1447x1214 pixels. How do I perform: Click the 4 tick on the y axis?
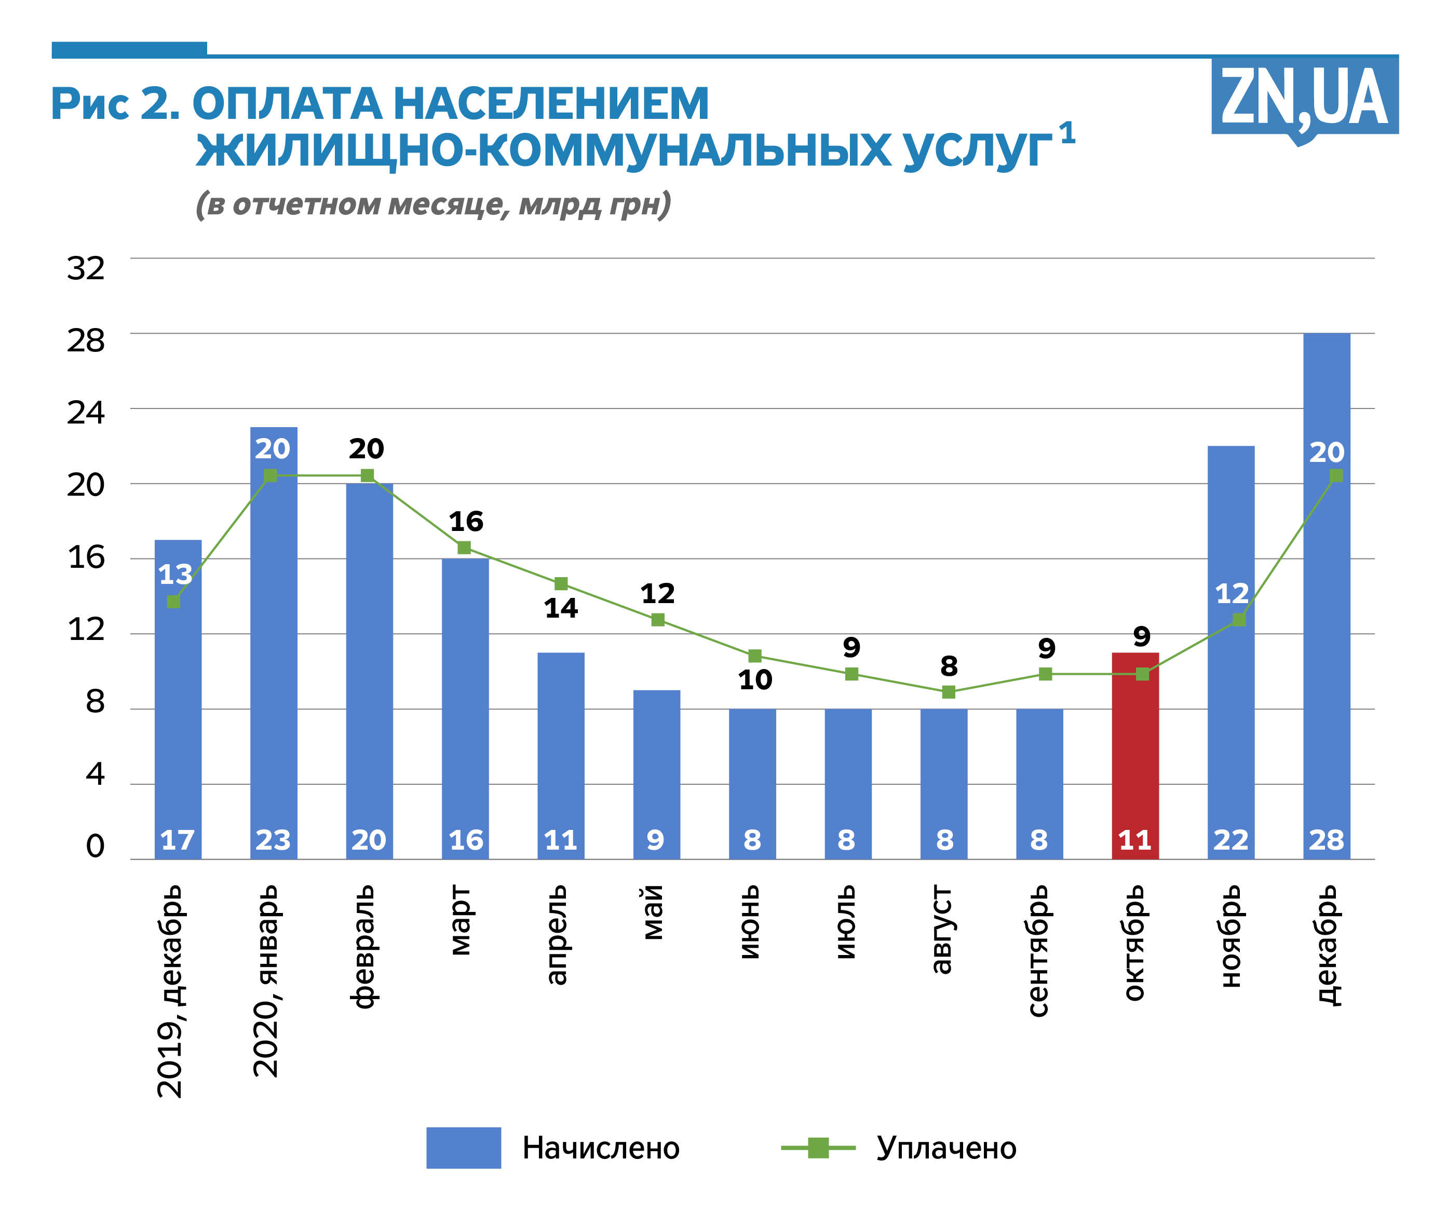(95, 774)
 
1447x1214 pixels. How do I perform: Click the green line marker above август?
(949, 692)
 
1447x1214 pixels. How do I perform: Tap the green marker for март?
(464, 548)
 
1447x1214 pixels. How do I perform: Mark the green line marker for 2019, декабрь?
(173, 602)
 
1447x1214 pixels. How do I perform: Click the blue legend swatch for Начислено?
(463, 1148)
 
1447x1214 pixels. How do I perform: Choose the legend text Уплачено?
(946, 1149)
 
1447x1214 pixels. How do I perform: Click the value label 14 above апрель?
(561, 608)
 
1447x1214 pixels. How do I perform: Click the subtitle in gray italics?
(432, 204)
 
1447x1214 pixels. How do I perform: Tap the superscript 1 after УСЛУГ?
(1067, 132)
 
